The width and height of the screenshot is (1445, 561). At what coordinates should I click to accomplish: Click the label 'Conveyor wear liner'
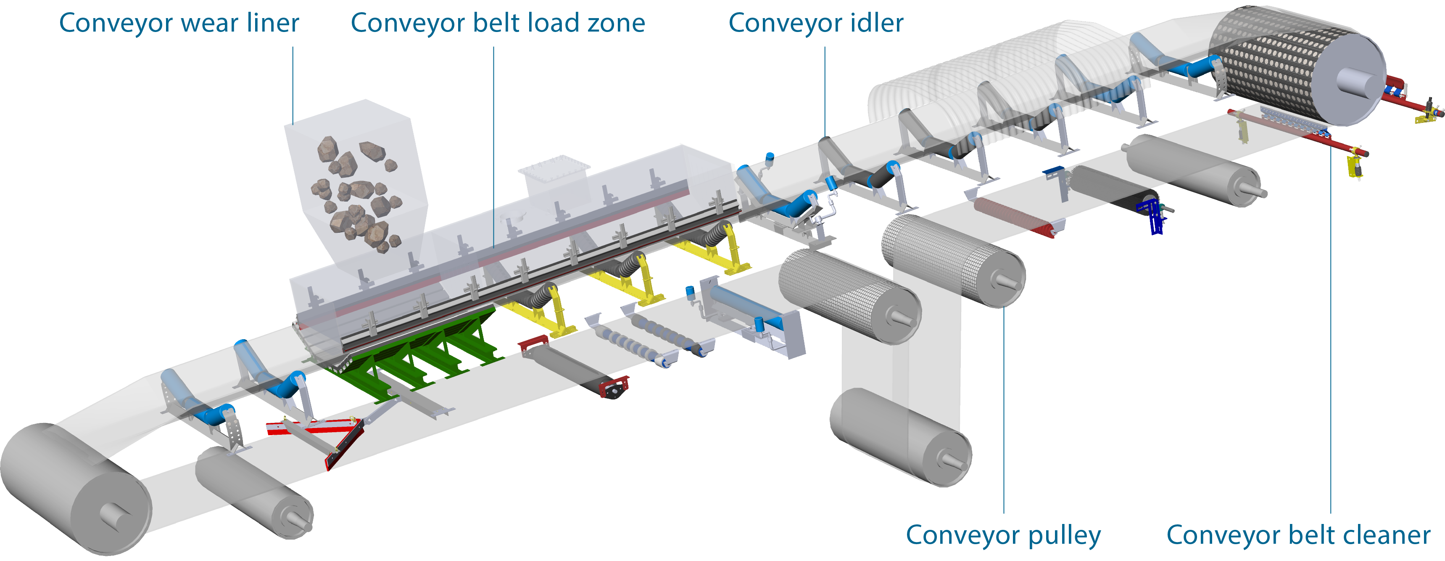[x=179, y=24]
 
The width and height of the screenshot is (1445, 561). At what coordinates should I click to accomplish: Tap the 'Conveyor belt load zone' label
[x=498, y=24]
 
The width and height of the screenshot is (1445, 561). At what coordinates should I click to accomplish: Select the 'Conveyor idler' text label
[x=816, y=24]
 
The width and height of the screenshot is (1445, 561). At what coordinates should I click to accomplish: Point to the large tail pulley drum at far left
[x=73, y=489]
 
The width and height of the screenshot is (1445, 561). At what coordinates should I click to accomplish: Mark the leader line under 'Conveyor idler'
[x=825, y=90]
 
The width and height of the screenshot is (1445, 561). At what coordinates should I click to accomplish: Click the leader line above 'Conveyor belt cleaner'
[x=1331, y=337]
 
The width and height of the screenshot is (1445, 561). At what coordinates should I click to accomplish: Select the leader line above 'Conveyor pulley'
[x=1004, y=410]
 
